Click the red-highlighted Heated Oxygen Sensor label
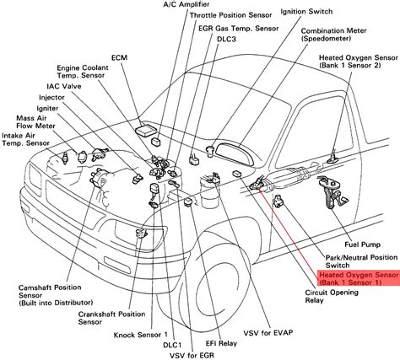tap(359, 278)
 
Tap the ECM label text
tap(120, 57)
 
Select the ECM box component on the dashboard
tap(145, 130)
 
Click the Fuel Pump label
tap(362, 244)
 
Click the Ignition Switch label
tap(306, 12)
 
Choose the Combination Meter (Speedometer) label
tap(333, 35)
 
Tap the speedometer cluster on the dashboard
tap(235, 153)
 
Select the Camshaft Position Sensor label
tap(56, 295)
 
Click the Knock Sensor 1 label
tap(141, 335)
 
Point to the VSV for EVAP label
tap(268, 333)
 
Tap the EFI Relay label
tap(221, 343)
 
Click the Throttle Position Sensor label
tap(231, 15)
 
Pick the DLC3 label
tap(226, 39)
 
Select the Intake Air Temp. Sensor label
tap(25, 139)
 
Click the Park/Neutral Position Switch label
tap(362, 261)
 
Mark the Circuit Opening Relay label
tap(332, 297)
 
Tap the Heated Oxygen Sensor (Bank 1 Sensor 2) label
tap(359, 62)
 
